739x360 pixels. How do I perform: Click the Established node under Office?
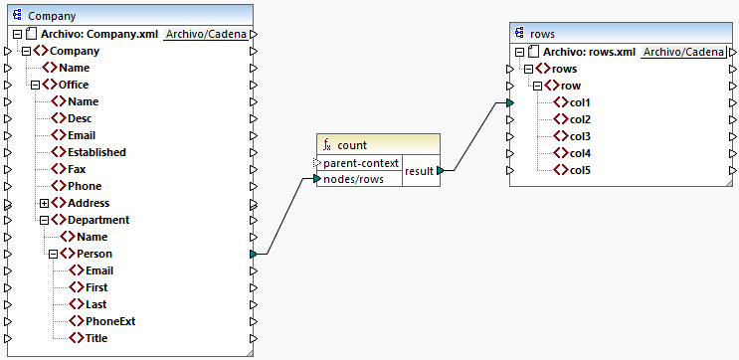point(96,152)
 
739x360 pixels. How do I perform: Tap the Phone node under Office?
point(84,186)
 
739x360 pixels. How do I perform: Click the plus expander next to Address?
point(45,203)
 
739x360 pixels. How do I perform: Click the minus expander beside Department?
point(45,220)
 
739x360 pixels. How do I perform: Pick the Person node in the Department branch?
point(93,254)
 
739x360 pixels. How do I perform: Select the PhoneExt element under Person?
point(109,321)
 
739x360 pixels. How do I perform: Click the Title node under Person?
point(95,338)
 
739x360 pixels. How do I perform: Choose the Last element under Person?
point(95,304)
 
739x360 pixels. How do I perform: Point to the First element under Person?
point(96,287)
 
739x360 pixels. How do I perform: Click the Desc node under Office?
point(81,118)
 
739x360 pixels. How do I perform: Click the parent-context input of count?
point(361,162)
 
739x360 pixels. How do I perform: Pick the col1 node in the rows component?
point(580,102)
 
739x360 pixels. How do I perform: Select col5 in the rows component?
point(580,170)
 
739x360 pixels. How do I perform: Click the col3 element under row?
point(580,136)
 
